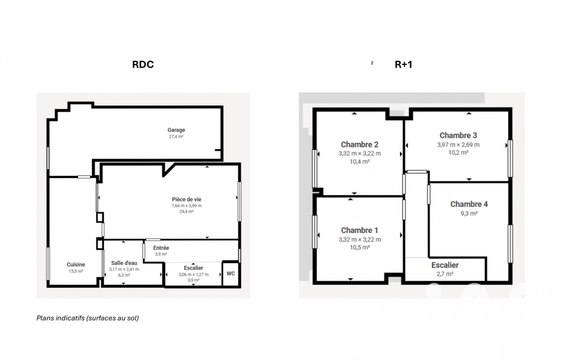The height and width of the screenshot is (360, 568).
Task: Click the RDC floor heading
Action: (x=143, y=64)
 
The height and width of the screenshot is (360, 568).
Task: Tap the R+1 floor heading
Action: (x=403, y=64)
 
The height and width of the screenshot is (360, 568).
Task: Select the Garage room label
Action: (x=176, y=130)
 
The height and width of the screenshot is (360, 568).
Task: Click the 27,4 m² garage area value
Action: (x=176, y=137)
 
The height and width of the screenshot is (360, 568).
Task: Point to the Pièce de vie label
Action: (x=187, y=199)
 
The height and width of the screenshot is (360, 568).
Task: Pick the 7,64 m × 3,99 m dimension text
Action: (x=187, y=205)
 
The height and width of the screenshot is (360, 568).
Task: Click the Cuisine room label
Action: (x=76, y=264)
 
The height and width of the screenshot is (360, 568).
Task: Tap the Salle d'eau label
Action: (x=124, y=263)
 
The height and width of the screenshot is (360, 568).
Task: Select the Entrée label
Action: (x=161, y=248)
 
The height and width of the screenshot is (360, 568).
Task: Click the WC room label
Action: (x=231, y=274)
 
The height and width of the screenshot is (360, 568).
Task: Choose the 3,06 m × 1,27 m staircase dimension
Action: (x=193, y=275)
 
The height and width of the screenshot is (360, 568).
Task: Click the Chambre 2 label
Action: (x=360, y=145)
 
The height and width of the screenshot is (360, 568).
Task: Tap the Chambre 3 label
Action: (x=458, y=136)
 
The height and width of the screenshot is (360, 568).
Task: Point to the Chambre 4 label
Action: (x=469, y=204)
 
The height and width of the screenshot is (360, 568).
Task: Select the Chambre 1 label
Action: (x=360, y=230)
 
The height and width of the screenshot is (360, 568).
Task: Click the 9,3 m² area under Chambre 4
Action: (x=469, y=213)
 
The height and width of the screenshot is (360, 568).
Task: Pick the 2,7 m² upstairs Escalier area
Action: (x=445, y=274)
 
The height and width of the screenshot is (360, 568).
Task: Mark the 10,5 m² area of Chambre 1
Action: (x=360, y=248)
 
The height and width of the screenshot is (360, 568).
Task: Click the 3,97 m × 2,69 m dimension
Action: (x=458, y=145)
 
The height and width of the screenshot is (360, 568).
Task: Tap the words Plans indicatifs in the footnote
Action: (x=60, y=318)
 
